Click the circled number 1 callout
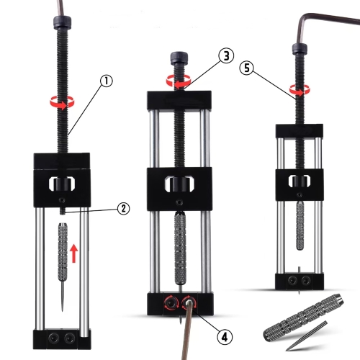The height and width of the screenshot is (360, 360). (x=107, y=81)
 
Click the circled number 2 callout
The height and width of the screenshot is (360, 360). (x=123, y=208)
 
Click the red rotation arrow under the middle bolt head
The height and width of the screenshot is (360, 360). (x=173, y=82)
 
